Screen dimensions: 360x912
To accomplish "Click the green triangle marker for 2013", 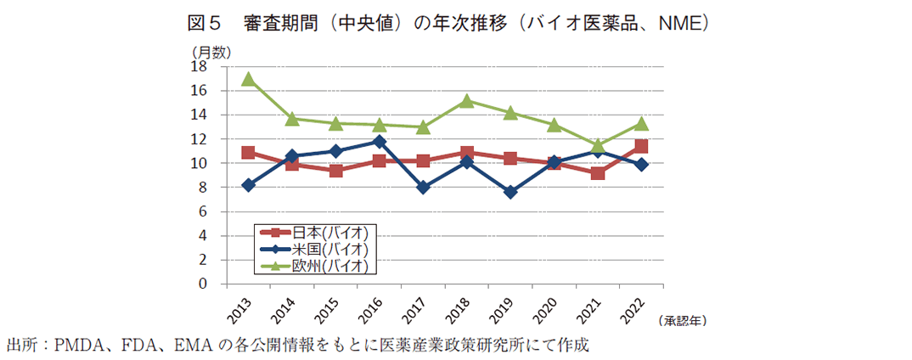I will (x=248, y=79).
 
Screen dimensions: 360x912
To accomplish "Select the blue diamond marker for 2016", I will (x=380, y=142).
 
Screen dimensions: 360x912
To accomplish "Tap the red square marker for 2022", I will (x=641, y=146).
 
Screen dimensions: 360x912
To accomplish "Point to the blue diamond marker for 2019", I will (x=510, y=192).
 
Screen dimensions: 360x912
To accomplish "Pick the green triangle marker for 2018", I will (x=467, y=101).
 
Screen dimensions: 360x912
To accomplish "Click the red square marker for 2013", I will (x=248, y=153).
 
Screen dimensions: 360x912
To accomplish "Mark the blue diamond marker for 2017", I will (x=423, y=188).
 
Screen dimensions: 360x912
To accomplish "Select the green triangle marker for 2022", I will (x=641, y=123).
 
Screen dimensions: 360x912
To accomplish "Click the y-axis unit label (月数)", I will (x=210, y=52).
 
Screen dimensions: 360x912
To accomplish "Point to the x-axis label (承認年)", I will (x=682, y=321).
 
